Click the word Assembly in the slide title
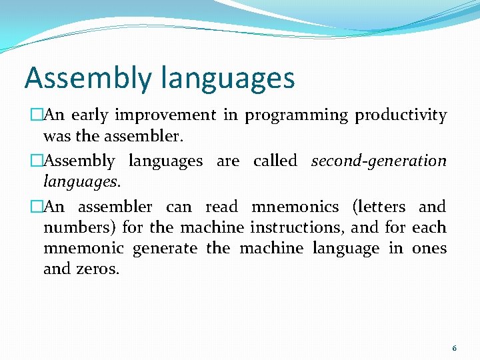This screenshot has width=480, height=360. [88, 78]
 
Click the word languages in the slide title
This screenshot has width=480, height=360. [227, 78]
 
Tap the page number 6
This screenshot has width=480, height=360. [454, 348]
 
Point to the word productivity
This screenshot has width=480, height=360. [401, 115]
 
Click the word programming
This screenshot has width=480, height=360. [296, 115]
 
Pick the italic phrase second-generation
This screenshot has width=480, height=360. [379, 161]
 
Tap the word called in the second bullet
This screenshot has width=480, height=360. [275, 161]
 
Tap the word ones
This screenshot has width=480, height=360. [429, 249]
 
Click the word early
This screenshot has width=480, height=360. [89, 115]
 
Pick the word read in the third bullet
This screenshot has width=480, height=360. [221, 207]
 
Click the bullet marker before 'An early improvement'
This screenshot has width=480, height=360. [37, 115]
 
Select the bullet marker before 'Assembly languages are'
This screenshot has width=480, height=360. [37, 161]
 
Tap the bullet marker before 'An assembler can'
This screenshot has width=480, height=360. [37, 207]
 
